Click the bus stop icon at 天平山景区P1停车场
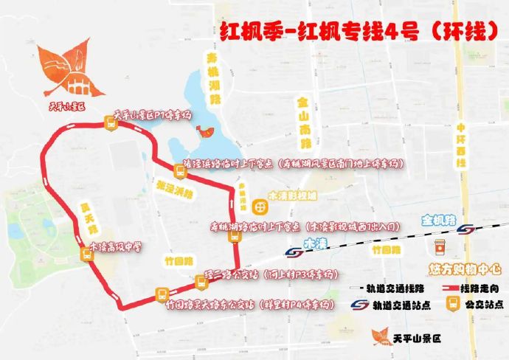(x=111, y=126)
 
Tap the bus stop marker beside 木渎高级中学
(x=86, y=254)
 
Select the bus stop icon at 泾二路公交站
(x=201, y=280)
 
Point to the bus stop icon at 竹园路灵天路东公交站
(x=162, y=294)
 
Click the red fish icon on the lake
(x=206, y=132)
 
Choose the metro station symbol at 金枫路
(x=465, y=229)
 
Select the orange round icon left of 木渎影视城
(x=258, y=204)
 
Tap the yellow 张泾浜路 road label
(x=173, y=190)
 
